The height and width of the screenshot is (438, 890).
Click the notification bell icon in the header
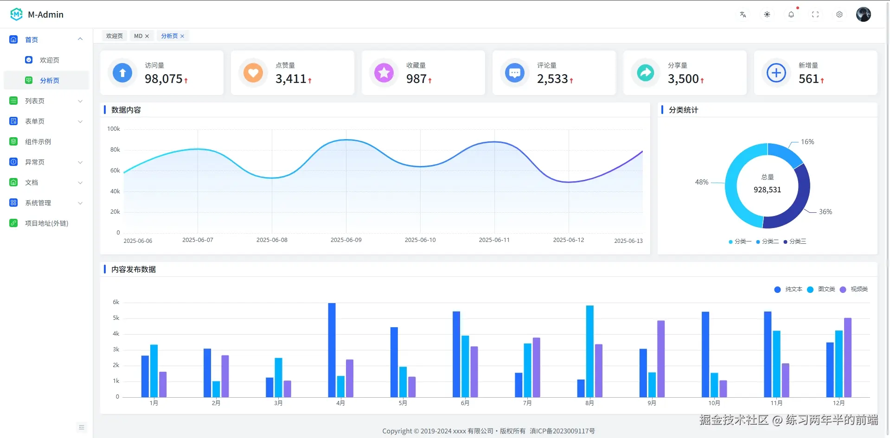coord(791,14)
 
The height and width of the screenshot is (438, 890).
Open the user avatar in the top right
coord(863,14)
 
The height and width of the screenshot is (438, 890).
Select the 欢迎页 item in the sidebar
coord(49,60)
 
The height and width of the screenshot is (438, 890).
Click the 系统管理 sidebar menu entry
coord(38,203)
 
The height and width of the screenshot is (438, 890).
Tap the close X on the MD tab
coord(147,36)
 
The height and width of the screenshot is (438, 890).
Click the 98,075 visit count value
coord(164,79)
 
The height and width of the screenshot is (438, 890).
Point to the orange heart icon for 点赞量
coord(253,73)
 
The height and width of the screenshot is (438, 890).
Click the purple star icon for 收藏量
coord(384,73)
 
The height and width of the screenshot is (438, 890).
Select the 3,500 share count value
coord(683,79)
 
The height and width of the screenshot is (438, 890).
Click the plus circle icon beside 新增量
coord(776,73)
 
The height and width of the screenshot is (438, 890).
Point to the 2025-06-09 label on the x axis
coord(346,240)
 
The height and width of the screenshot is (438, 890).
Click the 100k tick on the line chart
coord(114,129)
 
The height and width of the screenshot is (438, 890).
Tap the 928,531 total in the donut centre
coord(767,190)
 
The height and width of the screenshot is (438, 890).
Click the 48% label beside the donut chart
coord(701,182)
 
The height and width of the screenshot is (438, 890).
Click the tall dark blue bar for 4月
coord(332,350)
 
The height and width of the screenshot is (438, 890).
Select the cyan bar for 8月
coord(589,351)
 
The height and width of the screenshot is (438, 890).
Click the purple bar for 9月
coord(661,358)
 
